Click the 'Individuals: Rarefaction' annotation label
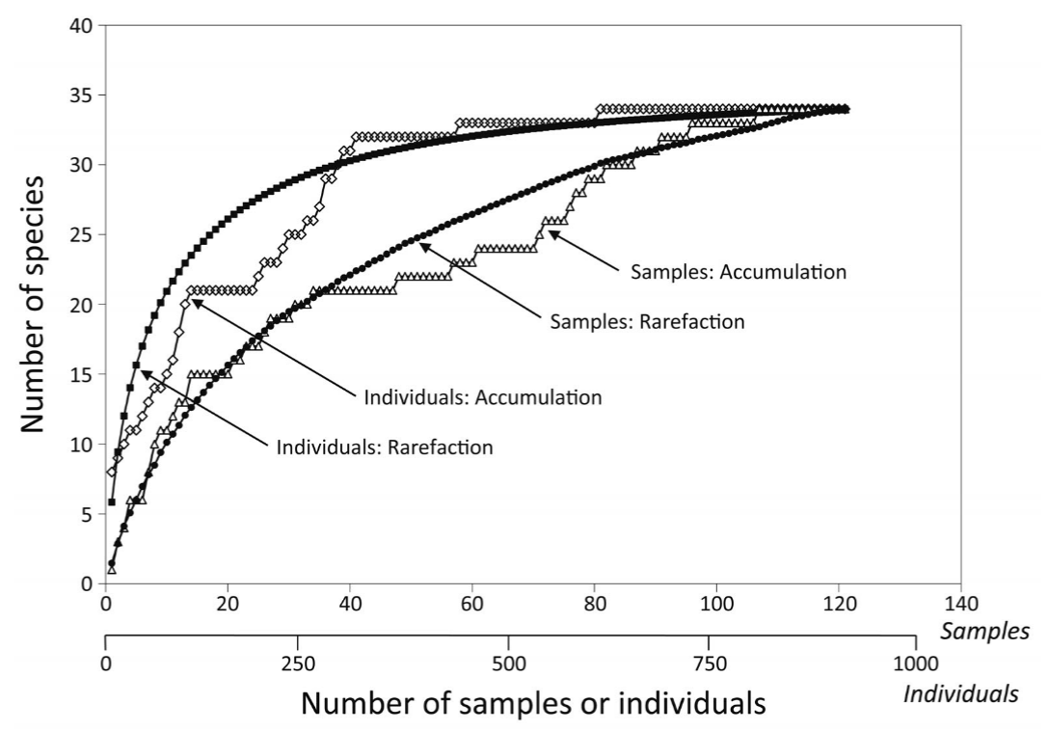(384, 447)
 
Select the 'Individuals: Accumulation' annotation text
(482, 396)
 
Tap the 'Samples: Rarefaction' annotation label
(647, 322)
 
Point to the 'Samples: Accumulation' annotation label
(739, 272)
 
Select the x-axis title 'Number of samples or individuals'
(533, 703)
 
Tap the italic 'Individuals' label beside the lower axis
(960, 692)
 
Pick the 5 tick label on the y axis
(87, 514)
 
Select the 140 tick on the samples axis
(960, 605)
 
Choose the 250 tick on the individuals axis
(298, 665)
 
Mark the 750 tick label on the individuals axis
(709, 665)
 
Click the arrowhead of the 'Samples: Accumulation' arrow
(551, 230)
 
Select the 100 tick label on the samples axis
(716, 605)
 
